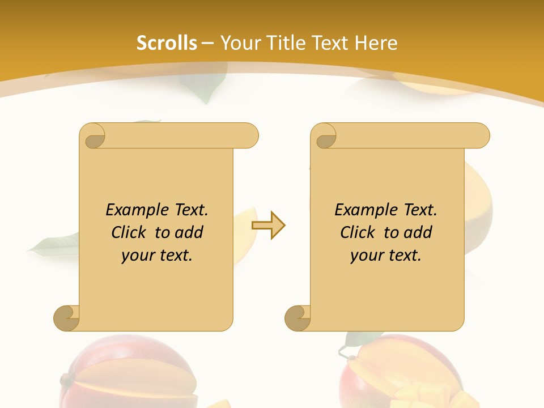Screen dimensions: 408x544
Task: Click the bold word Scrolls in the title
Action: (167, 43)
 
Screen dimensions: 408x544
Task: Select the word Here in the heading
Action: (376, 43)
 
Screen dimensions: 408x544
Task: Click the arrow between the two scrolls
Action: (269, 225)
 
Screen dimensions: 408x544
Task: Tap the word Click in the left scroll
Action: (131, 232)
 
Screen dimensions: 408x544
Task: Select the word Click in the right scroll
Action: (360, 232)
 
